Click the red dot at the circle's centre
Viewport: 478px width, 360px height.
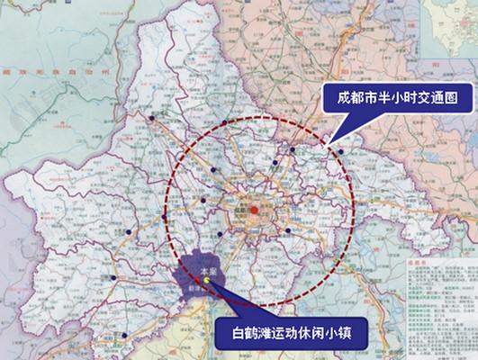click(x=255, y=211)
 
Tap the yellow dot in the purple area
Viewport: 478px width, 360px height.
click(x=206, y=280)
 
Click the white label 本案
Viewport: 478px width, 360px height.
click(x=207, y=267)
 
